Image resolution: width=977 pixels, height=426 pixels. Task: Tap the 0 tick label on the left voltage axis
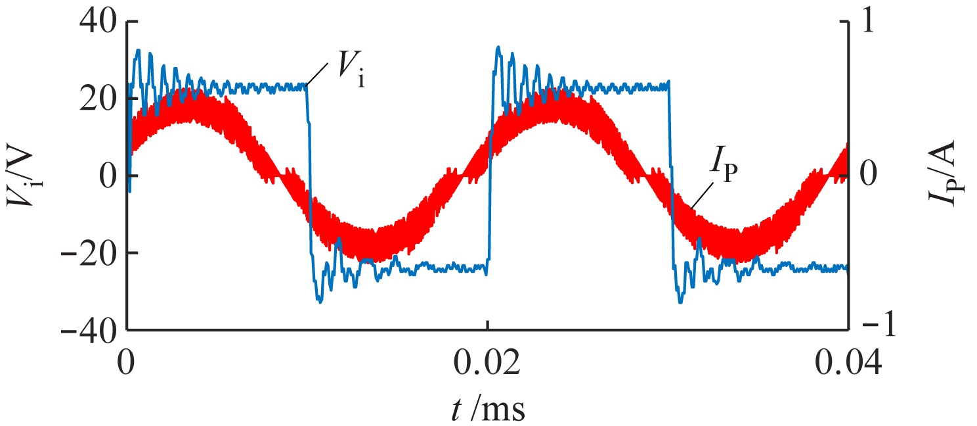[x=108, y=176]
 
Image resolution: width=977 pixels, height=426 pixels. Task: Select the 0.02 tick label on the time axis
[x=487, y=363]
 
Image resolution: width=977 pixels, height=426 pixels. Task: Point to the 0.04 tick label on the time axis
[x=847, y=363]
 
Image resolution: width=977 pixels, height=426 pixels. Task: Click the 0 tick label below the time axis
[x=127, y=363]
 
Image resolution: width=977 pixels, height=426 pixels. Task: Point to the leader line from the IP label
[x=701, y=197]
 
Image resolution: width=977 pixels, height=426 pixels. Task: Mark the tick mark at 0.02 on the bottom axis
[x=487, y=325]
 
